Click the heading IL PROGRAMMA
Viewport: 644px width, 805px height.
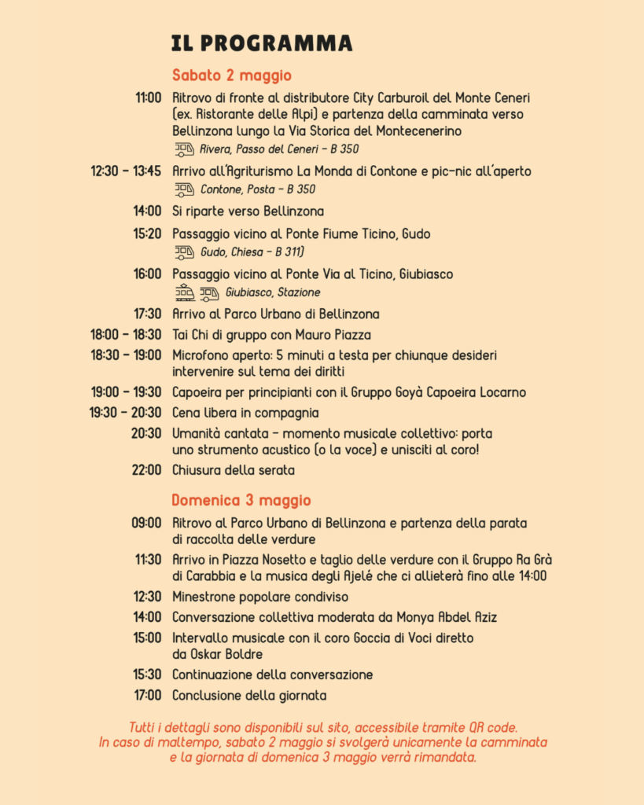pos(262,42)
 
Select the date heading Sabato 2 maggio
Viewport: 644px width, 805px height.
pos(232,75)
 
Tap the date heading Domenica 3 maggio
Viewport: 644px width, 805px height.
pos(241,500)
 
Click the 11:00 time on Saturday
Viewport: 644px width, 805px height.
pos(148,97)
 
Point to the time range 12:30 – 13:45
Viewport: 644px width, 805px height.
pos(126,171)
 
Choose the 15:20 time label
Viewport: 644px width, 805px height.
pos(148,233)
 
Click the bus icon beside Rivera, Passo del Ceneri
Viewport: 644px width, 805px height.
pos(184,149)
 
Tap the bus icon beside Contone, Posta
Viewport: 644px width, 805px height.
pos(184,189)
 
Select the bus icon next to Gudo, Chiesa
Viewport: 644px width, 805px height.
pos(184,252)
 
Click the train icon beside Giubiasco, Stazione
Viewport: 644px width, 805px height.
pos(185,293)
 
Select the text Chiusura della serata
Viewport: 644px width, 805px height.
pos(234,470)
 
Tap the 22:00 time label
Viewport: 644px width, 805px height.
pos(147,470)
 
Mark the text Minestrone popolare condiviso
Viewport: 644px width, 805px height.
pos(260,597)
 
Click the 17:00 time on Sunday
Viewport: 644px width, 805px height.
pos(147,695)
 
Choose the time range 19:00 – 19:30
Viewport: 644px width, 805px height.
pos(126,391)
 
